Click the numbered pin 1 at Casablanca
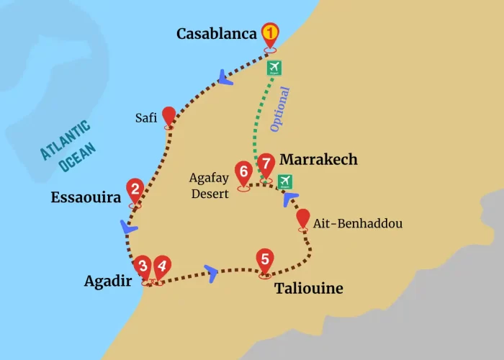pos(270,33)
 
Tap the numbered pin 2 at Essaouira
pos(135,189)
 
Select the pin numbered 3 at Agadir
pos(143,266)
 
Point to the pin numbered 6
pos(243,173)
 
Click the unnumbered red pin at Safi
pos(169,115)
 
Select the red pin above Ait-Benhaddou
pos(303,218)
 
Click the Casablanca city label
pos(216,34)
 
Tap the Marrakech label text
pos(318,159)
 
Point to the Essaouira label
pos(85,197)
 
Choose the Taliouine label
pos(308,289)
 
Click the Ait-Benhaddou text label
pos(357,224)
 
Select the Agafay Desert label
pos(209,184)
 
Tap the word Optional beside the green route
pos(279,109)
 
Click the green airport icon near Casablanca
pos(274,68)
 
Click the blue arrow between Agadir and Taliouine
pos(211,271)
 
